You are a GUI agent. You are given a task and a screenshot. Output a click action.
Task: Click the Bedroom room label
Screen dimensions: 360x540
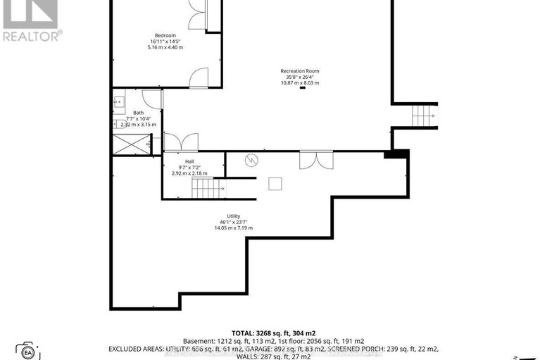pyautogui.click(x=165, y=35)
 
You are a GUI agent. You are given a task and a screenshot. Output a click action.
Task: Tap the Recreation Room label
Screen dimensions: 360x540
pyautogui.click(x=300, y=71)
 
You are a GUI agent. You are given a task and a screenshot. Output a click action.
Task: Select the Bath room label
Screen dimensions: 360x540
pyautogui.click(x=139, y=113)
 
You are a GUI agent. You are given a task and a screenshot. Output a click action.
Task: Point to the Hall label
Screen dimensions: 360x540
pyautogui.click(x=189, y=161)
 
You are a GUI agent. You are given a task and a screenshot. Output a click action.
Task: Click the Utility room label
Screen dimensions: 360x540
pyautogui.click(x=234, y=216)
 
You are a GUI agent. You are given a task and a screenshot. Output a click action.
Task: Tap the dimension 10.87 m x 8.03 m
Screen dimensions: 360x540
pyautogui.click(x=300, y=82)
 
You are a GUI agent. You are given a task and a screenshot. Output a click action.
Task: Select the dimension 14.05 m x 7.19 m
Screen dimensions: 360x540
pyautogui.click(x=234, y=228)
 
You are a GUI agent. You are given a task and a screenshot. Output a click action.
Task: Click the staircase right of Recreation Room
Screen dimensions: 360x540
pyautogui.click(x=423, y=113)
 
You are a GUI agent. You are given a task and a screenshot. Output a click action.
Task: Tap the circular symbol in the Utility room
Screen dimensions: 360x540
pyautogui.click(x=250, y=161)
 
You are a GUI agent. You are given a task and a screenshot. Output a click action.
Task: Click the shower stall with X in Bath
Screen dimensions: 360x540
pyautogui.click(x=130, y=145)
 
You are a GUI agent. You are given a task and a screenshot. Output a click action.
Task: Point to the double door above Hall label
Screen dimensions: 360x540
pyautogui.click(x=181, y=142)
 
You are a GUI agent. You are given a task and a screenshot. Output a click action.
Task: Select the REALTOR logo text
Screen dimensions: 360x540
pyautogui.click(x=32, y=35)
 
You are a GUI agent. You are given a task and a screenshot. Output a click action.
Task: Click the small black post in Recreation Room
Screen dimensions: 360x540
pyautogui.click(x=302, y=88)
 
